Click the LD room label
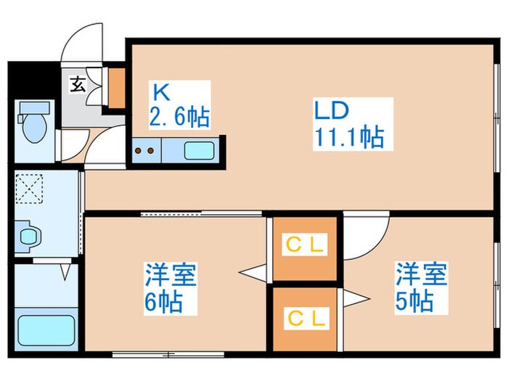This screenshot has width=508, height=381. pos(332,110)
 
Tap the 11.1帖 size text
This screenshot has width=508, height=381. pos(348,136)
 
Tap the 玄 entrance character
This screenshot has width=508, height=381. pos(77,84)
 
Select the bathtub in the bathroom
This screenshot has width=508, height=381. pos(43,332)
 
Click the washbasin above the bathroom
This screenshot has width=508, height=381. pos(28,236)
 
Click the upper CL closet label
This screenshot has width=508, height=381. pos(305,245)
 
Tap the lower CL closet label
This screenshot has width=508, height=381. pos(305,317)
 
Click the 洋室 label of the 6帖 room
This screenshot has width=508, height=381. pos(172,276)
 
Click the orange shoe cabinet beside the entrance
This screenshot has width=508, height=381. pos(116,86)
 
